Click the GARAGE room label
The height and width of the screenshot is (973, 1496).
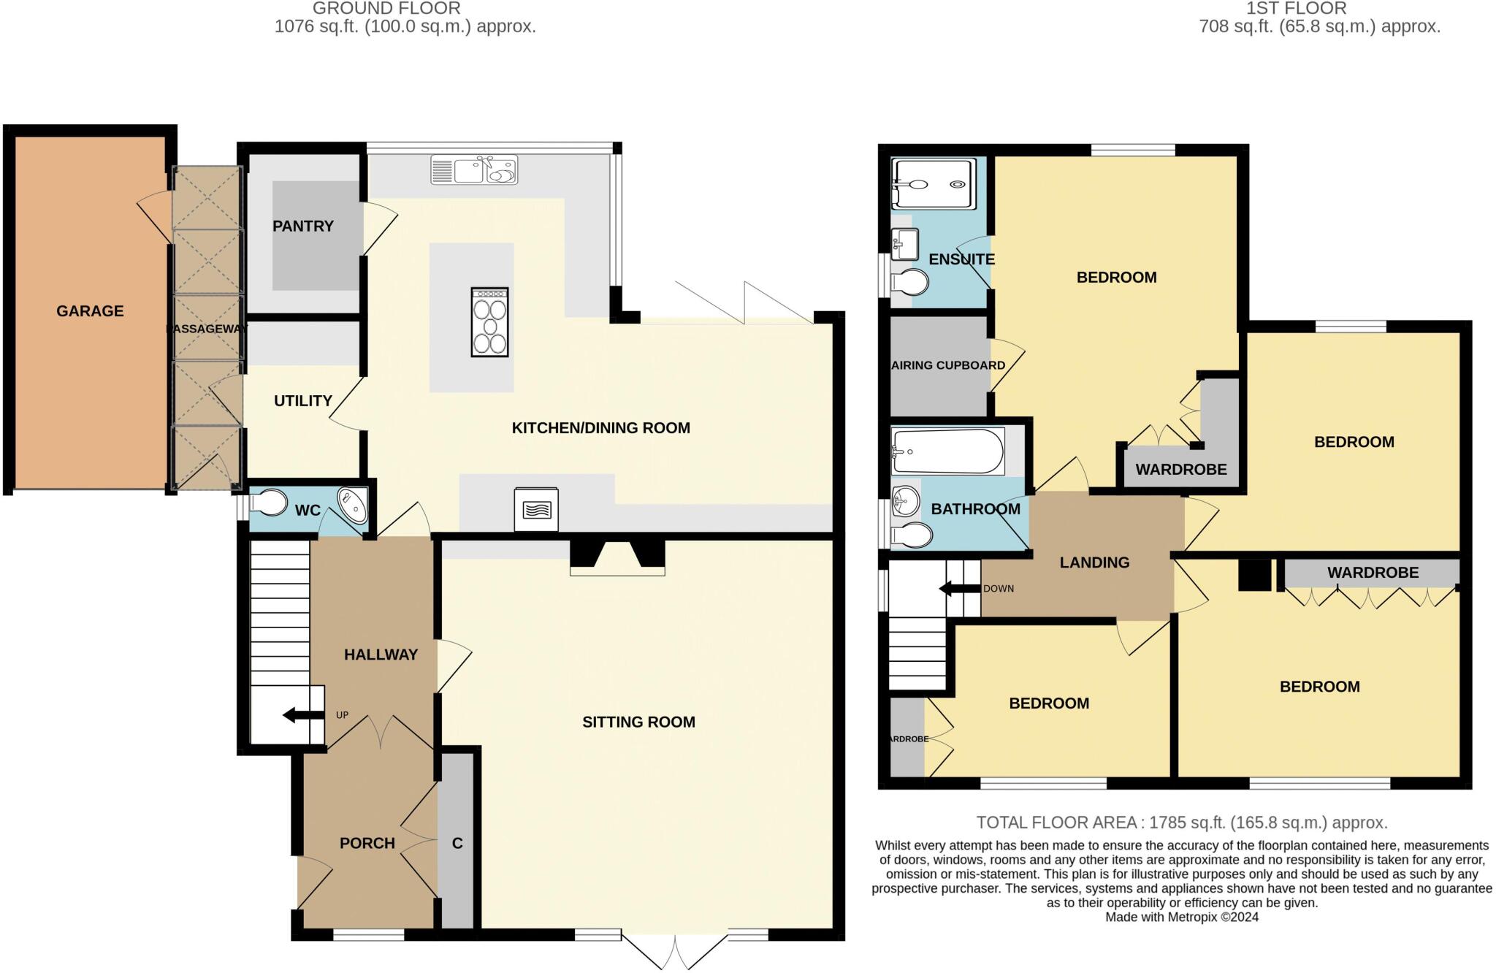90,311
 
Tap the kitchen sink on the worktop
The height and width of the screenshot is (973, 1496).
474,170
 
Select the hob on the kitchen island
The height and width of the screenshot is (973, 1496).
489,322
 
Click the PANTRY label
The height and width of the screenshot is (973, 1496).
302,226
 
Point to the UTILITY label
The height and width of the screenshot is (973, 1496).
302,401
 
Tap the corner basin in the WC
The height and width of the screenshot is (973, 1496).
354,505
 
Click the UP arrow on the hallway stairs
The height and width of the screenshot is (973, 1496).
303,715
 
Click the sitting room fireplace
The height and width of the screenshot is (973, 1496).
617,558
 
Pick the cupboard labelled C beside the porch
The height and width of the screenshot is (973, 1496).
457,844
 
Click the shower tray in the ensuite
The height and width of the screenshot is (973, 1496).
934,184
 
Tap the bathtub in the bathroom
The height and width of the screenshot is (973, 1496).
947,451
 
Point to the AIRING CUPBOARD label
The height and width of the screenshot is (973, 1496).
948,365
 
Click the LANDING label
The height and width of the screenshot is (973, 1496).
1094,562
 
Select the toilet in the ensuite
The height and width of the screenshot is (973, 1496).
910,282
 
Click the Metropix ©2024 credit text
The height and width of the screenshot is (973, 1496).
1181,917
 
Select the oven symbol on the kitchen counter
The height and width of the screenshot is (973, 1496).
536,509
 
